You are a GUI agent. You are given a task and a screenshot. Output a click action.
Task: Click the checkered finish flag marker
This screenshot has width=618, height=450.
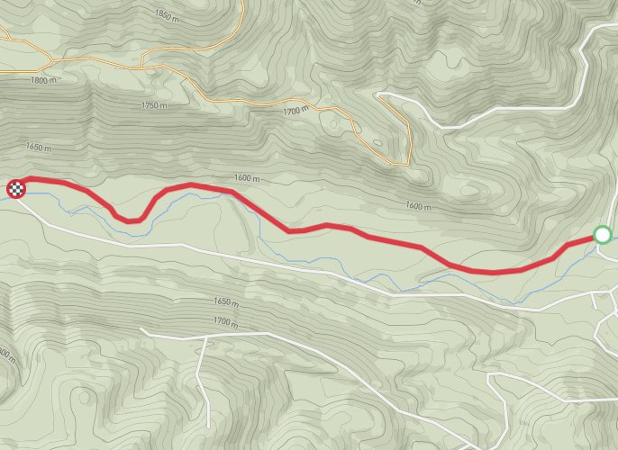tap(16, 188)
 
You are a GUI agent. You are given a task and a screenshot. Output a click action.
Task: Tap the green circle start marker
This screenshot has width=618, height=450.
tap(603, 235)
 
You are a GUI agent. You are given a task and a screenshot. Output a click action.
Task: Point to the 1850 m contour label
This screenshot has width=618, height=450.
tap(167, 14)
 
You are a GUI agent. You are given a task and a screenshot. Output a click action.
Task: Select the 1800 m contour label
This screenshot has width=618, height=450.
tap(43, 80)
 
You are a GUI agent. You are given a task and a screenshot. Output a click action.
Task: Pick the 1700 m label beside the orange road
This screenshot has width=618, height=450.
tap(295, 112)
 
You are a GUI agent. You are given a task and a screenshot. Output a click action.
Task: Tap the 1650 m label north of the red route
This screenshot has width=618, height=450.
tap(39, 147)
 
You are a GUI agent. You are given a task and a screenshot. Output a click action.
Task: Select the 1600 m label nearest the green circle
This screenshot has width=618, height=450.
tap(420, 206)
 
